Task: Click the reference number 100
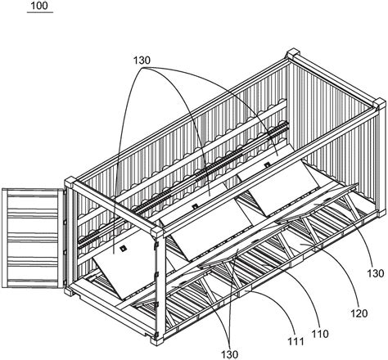pyautogui.click(x=39, y=6)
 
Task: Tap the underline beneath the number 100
pyautogui.click(x=40, y=12)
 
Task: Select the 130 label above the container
pyautogui.click(x=142, y=61)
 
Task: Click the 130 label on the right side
pyautogui.click(x=376, y=273)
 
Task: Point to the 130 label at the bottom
pyautogui.click(x=229, y=354)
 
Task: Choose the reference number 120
pyautogui.click(x=359, y=313)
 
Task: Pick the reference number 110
pyautogui.click(x=320, y=334)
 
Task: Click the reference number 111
pyautogui.click(x=296, y=341)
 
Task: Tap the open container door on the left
pyautogui.click(x=34, y=237)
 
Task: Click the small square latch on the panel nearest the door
pyautogui.click(x=123, y=248)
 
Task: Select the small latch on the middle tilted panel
pyautogui.click(x=195, y=206)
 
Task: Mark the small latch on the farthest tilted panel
pyautogui.click(x=267, y=164)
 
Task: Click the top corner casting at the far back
pyautogui.click(x=292, y=54)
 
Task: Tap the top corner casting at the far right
pyautogui.click(x=380, y=104)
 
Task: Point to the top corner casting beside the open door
pyautogui.click(x=70, y=182)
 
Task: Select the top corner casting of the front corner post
pyautogui.click(x=158, y=232)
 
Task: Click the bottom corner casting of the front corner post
pyautogui.click(x=157, y=340)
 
